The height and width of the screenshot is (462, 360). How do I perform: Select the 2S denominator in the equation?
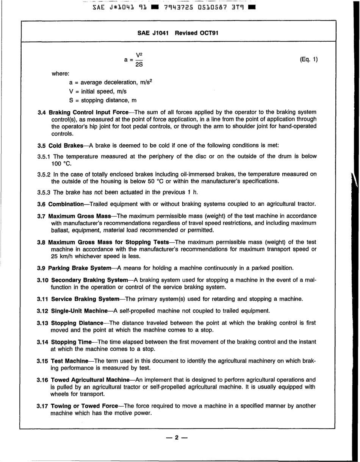pos(139,65)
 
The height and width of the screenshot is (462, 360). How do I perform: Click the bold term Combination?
pos(66,204)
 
